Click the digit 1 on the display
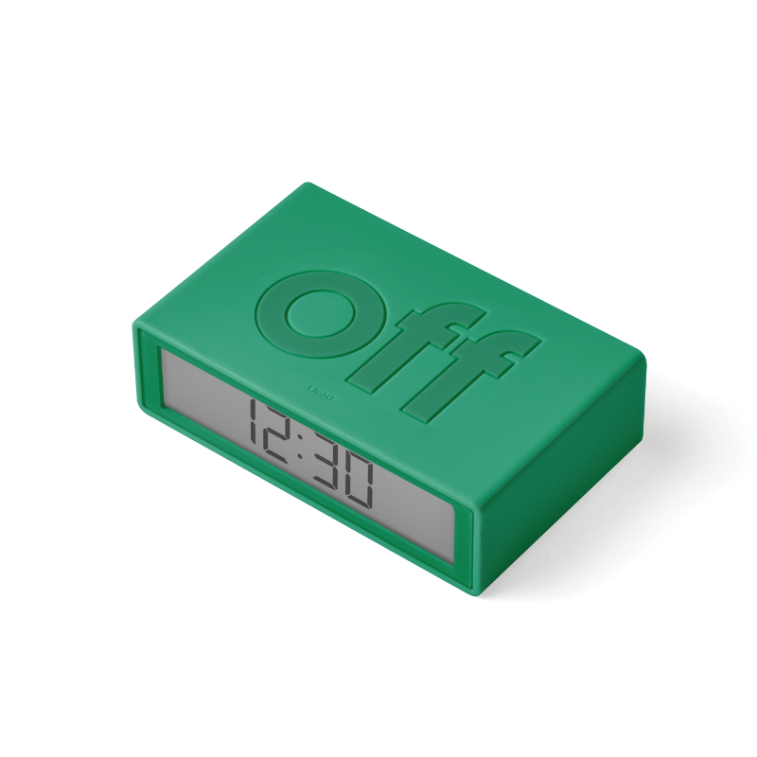click(253, 426)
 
